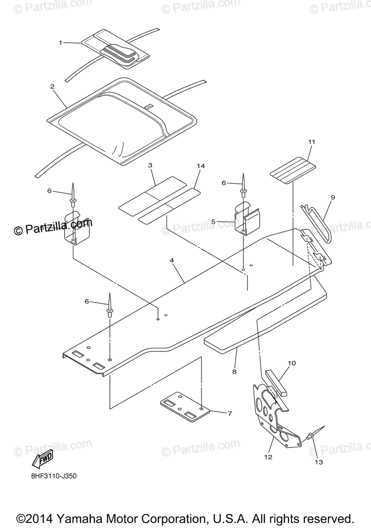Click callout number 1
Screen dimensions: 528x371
point(61,42)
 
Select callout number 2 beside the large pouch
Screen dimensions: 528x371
point(52,87)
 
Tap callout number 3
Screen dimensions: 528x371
point(150,165)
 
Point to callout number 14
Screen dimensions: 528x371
point(201,166)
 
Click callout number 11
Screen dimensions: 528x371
point(312,142)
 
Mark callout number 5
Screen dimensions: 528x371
point(213,222)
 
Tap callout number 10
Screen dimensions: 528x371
point(291,363)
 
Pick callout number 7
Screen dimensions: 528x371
point(229,413)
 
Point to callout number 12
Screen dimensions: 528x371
point(268,457)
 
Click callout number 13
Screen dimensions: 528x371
point(318,462)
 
